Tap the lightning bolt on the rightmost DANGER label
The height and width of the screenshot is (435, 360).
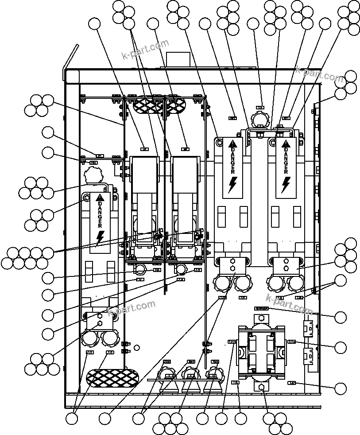pyautogui.click(x=286, y=185)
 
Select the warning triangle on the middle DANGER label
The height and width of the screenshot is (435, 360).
pyautogui.click(x=233, y=144)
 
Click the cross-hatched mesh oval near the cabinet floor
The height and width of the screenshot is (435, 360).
pyautogui.click(x=112, y=377)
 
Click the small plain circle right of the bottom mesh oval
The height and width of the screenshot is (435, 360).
pyautogui.click(x=137, y=347)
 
